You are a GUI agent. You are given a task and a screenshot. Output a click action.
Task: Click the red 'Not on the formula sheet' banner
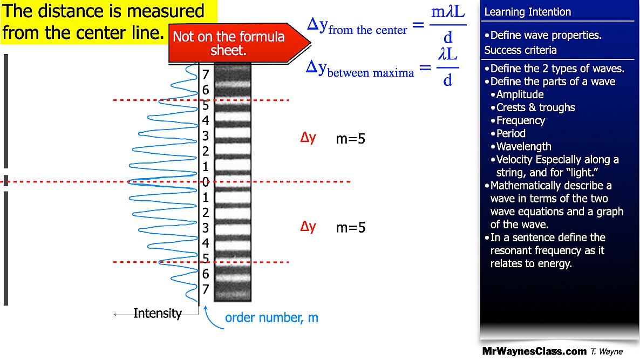(235, 44)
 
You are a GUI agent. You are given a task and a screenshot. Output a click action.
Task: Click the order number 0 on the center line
(206, 181)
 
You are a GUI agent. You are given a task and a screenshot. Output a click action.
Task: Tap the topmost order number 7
(206, 74)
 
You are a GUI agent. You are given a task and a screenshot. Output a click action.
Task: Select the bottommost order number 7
(206, 289)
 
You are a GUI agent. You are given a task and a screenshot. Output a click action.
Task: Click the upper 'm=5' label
(351, 139)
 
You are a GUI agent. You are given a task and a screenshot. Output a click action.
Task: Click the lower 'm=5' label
(351, 227)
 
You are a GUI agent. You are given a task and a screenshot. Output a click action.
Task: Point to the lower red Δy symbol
(308, 227)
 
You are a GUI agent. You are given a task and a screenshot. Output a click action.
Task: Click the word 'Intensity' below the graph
(158, 313)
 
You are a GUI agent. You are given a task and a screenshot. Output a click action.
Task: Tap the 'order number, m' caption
(271, 318)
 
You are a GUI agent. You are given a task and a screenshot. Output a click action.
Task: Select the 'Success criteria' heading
(520, 50)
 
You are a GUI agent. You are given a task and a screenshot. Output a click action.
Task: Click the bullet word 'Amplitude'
(520, 94)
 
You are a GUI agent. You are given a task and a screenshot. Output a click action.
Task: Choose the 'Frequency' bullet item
(520, 120)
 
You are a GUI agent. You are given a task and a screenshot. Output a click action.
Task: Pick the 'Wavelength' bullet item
(523, 146)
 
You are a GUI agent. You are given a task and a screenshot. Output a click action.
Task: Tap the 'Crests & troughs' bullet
(535, 107)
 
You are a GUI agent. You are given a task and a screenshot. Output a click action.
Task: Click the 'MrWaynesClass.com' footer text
(534, 351)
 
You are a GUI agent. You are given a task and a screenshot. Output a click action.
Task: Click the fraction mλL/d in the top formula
(448, 24)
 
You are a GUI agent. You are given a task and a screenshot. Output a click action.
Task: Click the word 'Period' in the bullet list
(510, 133)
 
